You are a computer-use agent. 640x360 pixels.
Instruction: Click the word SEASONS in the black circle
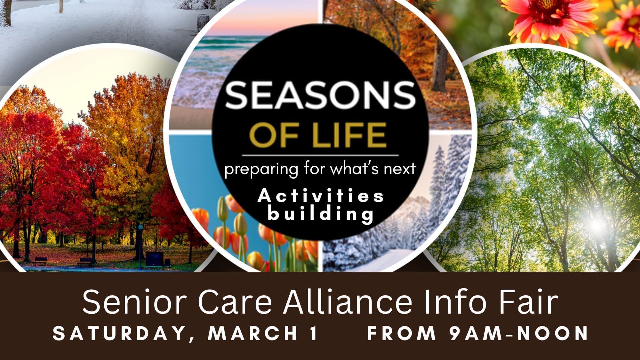320,95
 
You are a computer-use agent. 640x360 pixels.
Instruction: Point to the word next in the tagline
400,169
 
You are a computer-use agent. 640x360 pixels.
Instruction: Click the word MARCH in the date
253,333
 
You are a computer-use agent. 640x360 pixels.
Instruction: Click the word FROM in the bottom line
402,333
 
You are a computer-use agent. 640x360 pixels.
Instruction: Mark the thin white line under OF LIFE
320,156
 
